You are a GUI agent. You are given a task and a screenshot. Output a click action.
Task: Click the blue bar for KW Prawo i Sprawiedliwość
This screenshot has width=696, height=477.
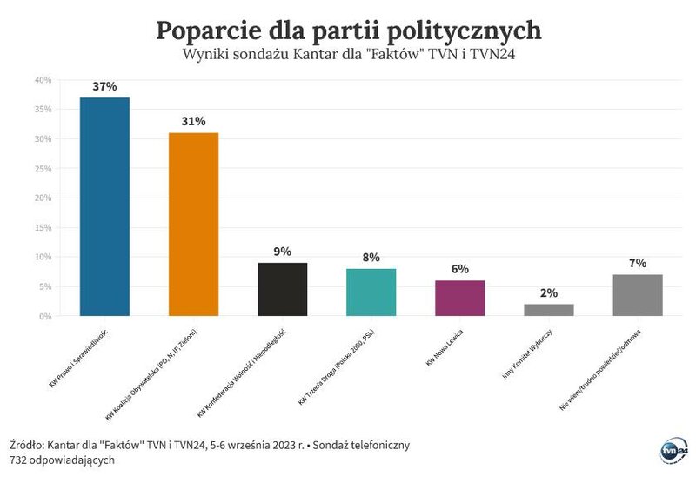point(104,206)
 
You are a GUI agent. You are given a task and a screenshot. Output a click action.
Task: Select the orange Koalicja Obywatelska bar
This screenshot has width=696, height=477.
point(193,224)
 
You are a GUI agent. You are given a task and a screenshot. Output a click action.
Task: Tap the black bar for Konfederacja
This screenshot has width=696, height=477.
point(282,289)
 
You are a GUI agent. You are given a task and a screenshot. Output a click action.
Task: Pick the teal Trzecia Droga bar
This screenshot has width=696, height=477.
point(371,292)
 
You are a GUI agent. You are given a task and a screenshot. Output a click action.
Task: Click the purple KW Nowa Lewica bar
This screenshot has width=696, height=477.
point(459,298)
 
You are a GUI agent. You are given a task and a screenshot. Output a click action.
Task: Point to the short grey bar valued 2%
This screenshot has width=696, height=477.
point(548,309)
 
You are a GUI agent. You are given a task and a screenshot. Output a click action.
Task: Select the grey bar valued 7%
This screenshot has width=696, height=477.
point(637,295)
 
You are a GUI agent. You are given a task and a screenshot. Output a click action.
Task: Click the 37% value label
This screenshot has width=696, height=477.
point(104,87)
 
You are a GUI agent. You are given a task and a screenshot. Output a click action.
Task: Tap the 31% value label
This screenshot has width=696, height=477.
point(193,122)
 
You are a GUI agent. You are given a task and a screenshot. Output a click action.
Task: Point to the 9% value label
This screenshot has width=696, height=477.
point(282,252)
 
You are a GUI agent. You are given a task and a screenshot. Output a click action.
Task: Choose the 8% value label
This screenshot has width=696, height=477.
point(371,258)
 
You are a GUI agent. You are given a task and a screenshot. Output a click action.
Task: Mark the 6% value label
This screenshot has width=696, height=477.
point(459,270)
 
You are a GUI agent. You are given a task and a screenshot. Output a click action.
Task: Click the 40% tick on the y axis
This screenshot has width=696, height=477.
point(43,80)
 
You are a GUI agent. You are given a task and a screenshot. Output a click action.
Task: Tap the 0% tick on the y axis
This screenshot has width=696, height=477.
point(45,316)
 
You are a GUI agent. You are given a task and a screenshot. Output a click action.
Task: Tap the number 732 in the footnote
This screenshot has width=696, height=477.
point(20,460)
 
